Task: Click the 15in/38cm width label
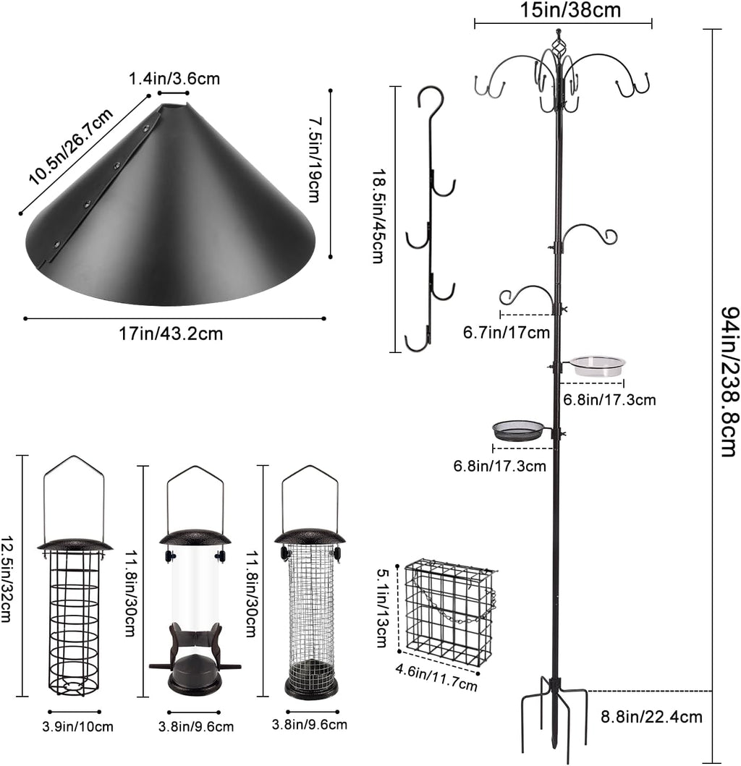pos(570,9)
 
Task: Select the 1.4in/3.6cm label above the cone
pos(174,80)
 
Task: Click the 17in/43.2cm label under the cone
pos(172,333)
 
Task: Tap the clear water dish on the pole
pos(597,365)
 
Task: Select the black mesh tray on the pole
pos(518,430)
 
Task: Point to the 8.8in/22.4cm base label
pos(651,717)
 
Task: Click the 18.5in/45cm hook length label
pos(378,217)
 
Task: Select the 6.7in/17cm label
pos(506,333)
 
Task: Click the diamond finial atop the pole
pos(557,45)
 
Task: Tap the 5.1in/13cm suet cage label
pos(383,608)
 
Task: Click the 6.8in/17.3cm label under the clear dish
pos(609,400)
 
